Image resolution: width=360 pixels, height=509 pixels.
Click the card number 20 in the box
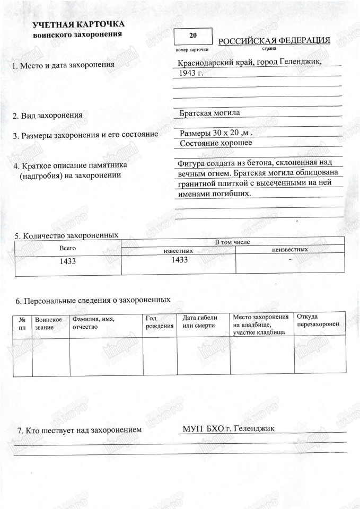(x=192, y=36)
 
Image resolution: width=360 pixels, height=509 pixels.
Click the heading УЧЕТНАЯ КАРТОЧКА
(x=78, y=25)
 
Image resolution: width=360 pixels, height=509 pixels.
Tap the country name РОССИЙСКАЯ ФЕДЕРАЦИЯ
(x=275, y=41)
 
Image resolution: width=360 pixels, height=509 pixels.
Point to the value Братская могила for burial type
(x=210, y=113)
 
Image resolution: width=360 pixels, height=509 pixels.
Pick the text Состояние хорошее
(x=216, y=143)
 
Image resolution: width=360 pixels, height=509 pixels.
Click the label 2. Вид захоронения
(x=48, y=115)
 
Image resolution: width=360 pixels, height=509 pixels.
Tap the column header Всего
(x=68, y=248)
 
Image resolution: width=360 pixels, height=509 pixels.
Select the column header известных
(x=178, y=250)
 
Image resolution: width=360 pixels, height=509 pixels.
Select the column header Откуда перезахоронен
(x=317, y=321)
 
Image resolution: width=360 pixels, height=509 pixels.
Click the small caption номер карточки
(x=188, y=49)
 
